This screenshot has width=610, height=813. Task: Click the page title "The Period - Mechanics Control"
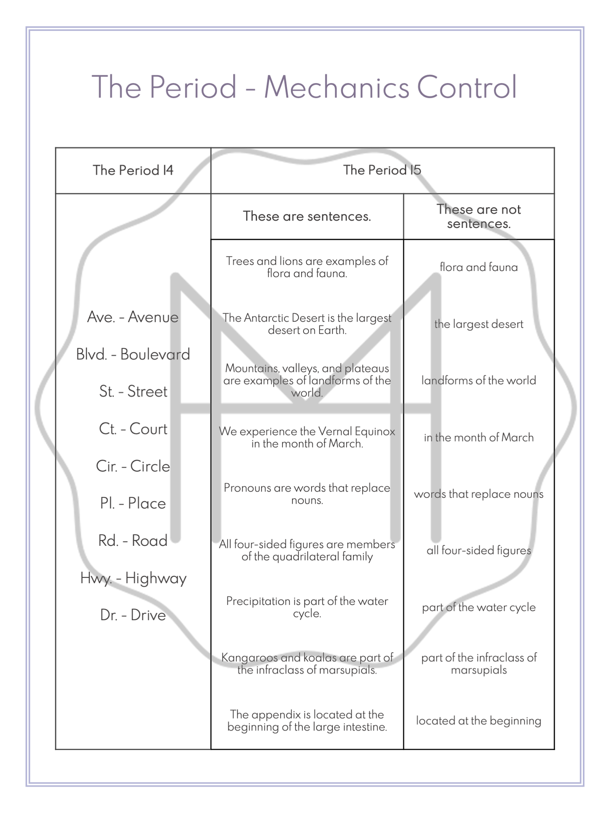[304, 87]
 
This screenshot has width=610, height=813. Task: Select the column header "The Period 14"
[133, 170]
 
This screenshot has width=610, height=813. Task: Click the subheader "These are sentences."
[307, 216]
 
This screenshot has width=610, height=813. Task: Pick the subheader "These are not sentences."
[479, 216]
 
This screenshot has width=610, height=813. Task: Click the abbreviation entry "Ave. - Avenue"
[133, 317]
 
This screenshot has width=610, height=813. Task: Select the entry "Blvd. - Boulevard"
[133, 354]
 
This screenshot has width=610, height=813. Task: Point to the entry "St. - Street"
[133, 391]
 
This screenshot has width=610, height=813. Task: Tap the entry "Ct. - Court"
[133, 428]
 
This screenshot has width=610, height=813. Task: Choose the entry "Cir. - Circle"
[133, 466]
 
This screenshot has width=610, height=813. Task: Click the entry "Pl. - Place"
[133, 503]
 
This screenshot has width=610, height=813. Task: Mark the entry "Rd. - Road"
[133, 540]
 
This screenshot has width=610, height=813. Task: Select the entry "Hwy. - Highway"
[133, 578]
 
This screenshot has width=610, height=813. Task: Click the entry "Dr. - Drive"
[133, 615]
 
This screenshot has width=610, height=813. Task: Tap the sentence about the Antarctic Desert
[307, 324]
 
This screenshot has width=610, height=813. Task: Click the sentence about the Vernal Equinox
[307, 437]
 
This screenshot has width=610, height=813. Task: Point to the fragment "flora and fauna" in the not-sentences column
[479, 267]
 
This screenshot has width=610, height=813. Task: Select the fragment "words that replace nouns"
[479, 494]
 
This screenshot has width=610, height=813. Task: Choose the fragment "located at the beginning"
[479, 721]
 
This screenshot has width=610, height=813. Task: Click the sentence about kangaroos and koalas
[307, 664]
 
